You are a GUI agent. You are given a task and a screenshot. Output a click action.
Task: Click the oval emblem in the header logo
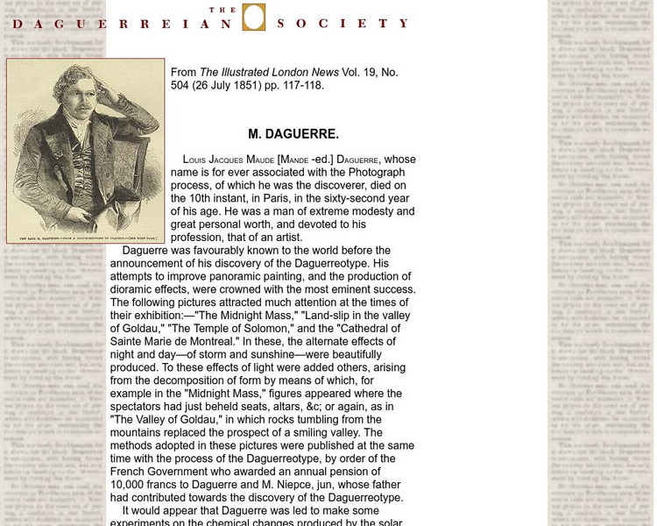pyautogui.click(x=253, y=18)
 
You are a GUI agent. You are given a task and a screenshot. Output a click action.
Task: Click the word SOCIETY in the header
pyautogui.click(x=343, y=24)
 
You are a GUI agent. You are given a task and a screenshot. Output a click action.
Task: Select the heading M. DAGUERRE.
pyautogui.click(x=293, y=134)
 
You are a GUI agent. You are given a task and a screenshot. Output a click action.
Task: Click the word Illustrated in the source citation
pyautogui.click(x=247, y=73)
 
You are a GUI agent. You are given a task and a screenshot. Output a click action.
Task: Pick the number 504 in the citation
pyautogui.click(x=182, y=86)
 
